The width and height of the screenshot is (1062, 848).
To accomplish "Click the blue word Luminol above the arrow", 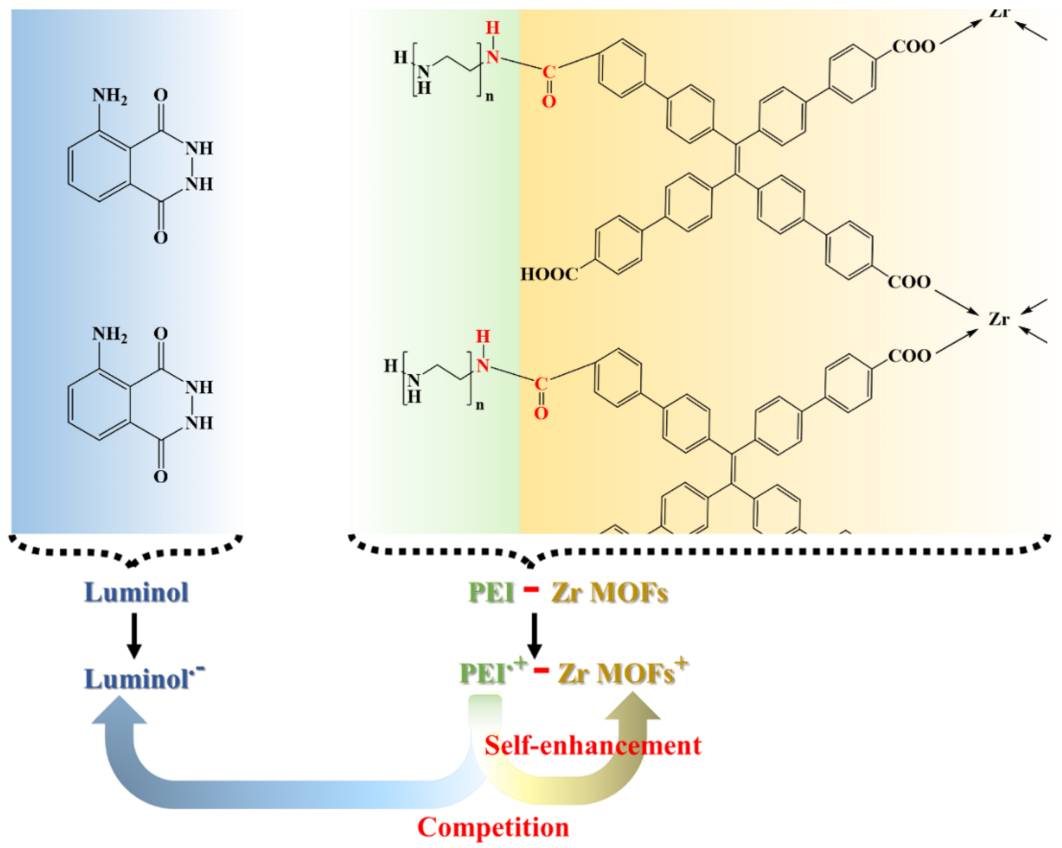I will (137, 592).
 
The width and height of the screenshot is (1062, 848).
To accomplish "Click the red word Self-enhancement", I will (593, 746).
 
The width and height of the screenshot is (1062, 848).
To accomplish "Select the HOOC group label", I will (549, 274).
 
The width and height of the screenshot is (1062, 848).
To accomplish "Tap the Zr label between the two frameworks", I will (999, 319).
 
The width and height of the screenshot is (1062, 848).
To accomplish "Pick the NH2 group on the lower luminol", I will (110, 335).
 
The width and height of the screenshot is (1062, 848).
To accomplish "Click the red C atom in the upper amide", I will (549, 72).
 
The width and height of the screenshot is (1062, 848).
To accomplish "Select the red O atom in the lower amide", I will (541, 413).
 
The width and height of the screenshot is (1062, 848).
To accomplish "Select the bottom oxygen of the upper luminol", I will (161, 238).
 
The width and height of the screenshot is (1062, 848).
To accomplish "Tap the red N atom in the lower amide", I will (483, 365).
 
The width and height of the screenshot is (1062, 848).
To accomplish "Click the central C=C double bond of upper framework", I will (736, 159).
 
